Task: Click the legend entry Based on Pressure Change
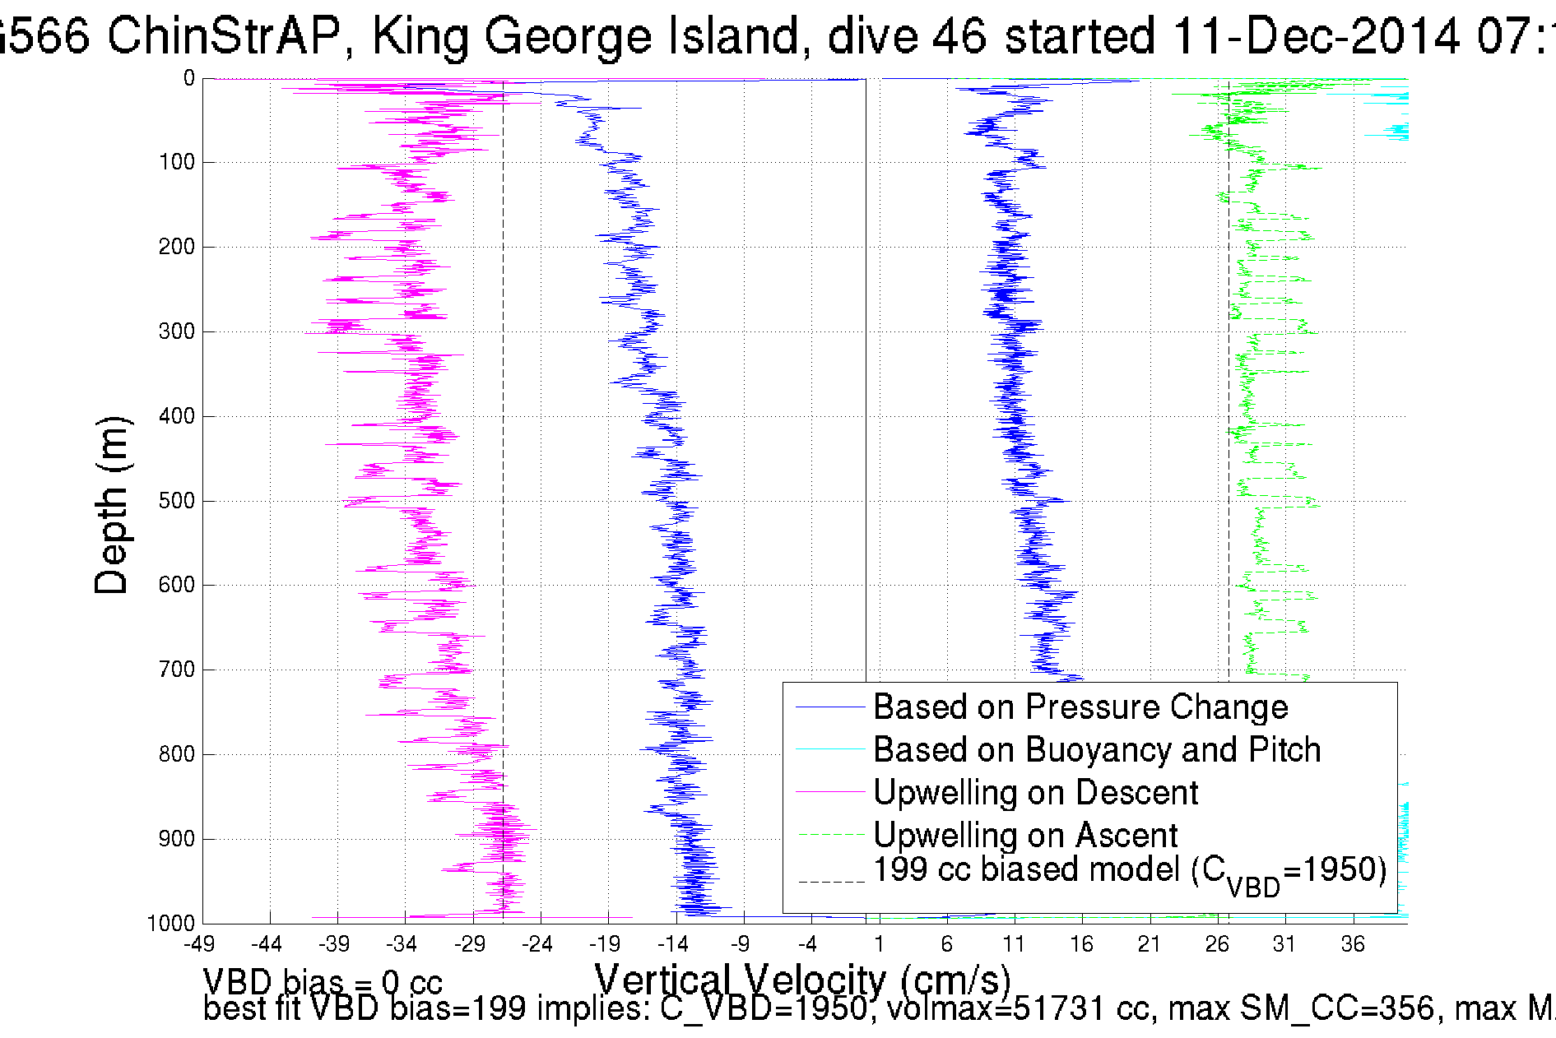coord(1080,707)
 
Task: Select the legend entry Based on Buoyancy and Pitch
coord(1096,749)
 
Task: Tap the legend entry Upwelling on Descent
coord(1034,792)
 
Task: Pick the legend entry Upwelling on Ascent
coord(1024,835)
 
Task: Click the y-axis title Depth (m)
coord(112,505)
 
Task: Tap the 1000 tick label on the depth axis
coord(171,923)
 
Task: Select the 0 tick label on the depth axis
coord(188,78)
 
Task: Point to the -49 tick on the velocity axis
coord(199,944)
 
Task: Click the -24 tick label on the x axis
coord(537,944)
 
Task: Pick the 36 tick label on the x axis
coord(1353,944)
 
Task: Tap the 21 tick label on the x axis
coord(1150,944)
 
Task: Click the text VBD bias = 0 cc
coord(323,982)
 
